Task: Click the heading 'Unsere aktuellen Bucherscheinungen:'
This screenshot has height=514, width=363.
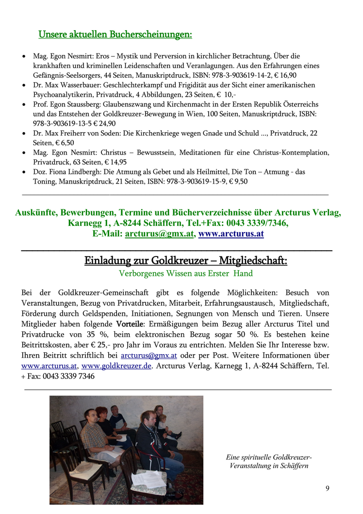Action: [115, 34]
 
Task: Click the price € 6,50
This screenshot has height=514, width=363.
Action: [65, 143]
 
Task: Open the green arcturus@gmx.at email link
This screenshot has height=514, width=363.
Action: [159, 233]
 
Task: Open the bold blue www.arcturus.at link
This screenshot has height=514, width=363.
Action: [231, 233]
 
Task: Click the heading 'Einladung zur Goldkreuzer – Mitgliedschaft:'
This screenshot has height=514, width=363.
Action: [185, 261]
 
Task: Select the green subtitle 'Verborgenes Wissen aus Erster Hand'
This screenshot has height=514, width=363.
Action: [185, 274]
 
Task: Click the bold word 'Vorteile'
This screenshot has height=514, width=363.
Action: [130, 324]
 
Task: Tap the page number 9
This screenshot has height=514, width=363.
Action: [327, 488]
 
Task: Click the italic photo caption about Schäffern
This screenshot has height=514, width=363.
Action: [268, 462]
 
